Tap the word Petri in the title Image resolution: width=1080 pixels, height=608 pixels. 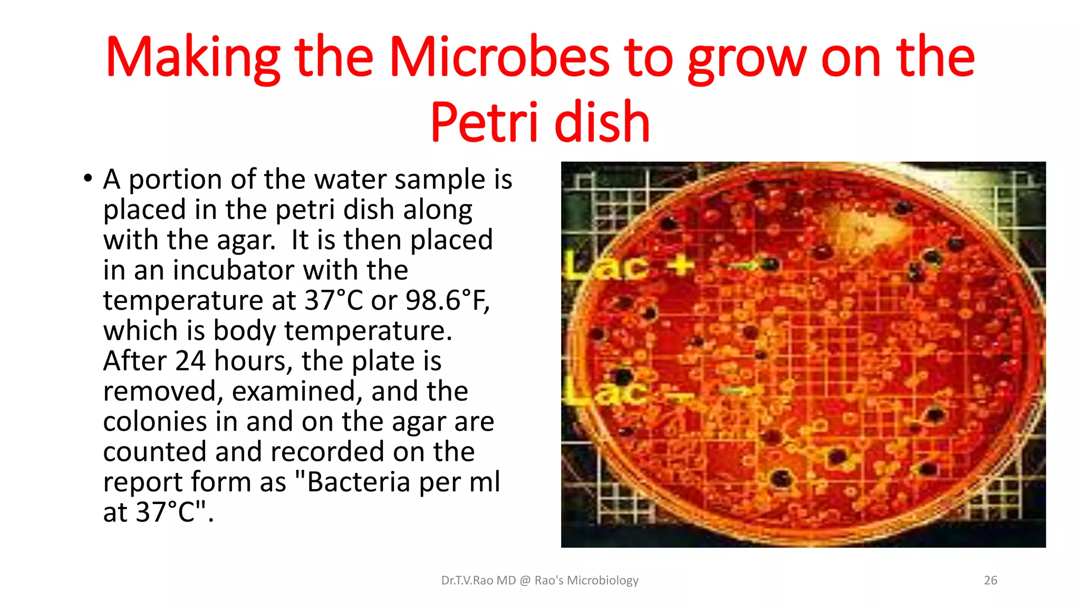pos(484,122)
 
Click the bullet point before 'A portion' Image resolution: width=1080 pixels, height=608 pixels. pos(88,178)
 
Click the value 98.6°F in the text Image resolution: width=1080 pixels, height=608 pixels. pos(447,300)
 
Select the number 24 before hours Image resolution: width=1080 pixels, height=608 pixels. pos(190,361)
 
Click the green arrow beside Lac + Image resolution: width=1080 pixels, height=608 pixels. pos(745,265)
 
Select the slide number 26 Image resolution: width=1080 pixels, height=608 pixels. pos(990,581)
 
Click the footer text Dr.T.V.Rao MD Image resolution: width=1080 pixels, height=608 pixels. pos(478,581)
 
